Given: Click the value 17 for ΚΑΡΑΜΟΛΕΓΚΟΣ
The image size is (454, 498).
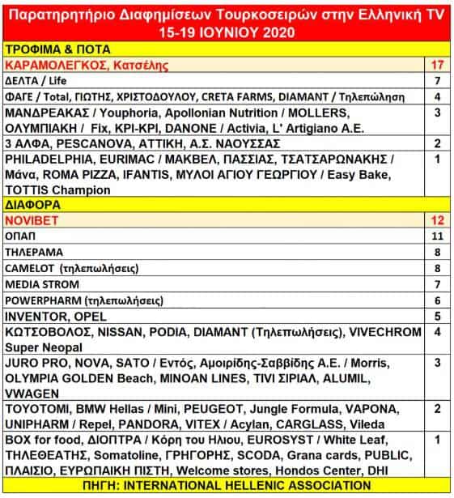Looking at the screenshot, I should (x=436, y=65).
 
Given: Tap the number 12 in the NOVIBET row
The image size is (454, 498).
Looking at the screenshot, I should (x=436, y=220).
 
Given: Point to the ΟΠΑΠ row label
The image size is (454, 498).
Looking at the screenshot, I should (x=22, y=236).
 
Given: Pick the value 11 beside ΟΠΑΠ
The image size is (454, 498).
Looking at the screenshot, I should (x=436, y=236).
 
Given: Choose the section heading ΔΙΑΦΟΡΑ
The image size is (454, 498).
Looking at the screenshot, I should (x=32, y=206).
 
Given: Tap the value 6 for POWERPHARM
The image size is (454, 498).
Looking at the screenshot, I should (x=436, y=300).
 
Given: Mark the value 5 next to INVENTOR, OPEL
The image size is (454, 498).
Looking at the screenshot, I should (x=436, y=316).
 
